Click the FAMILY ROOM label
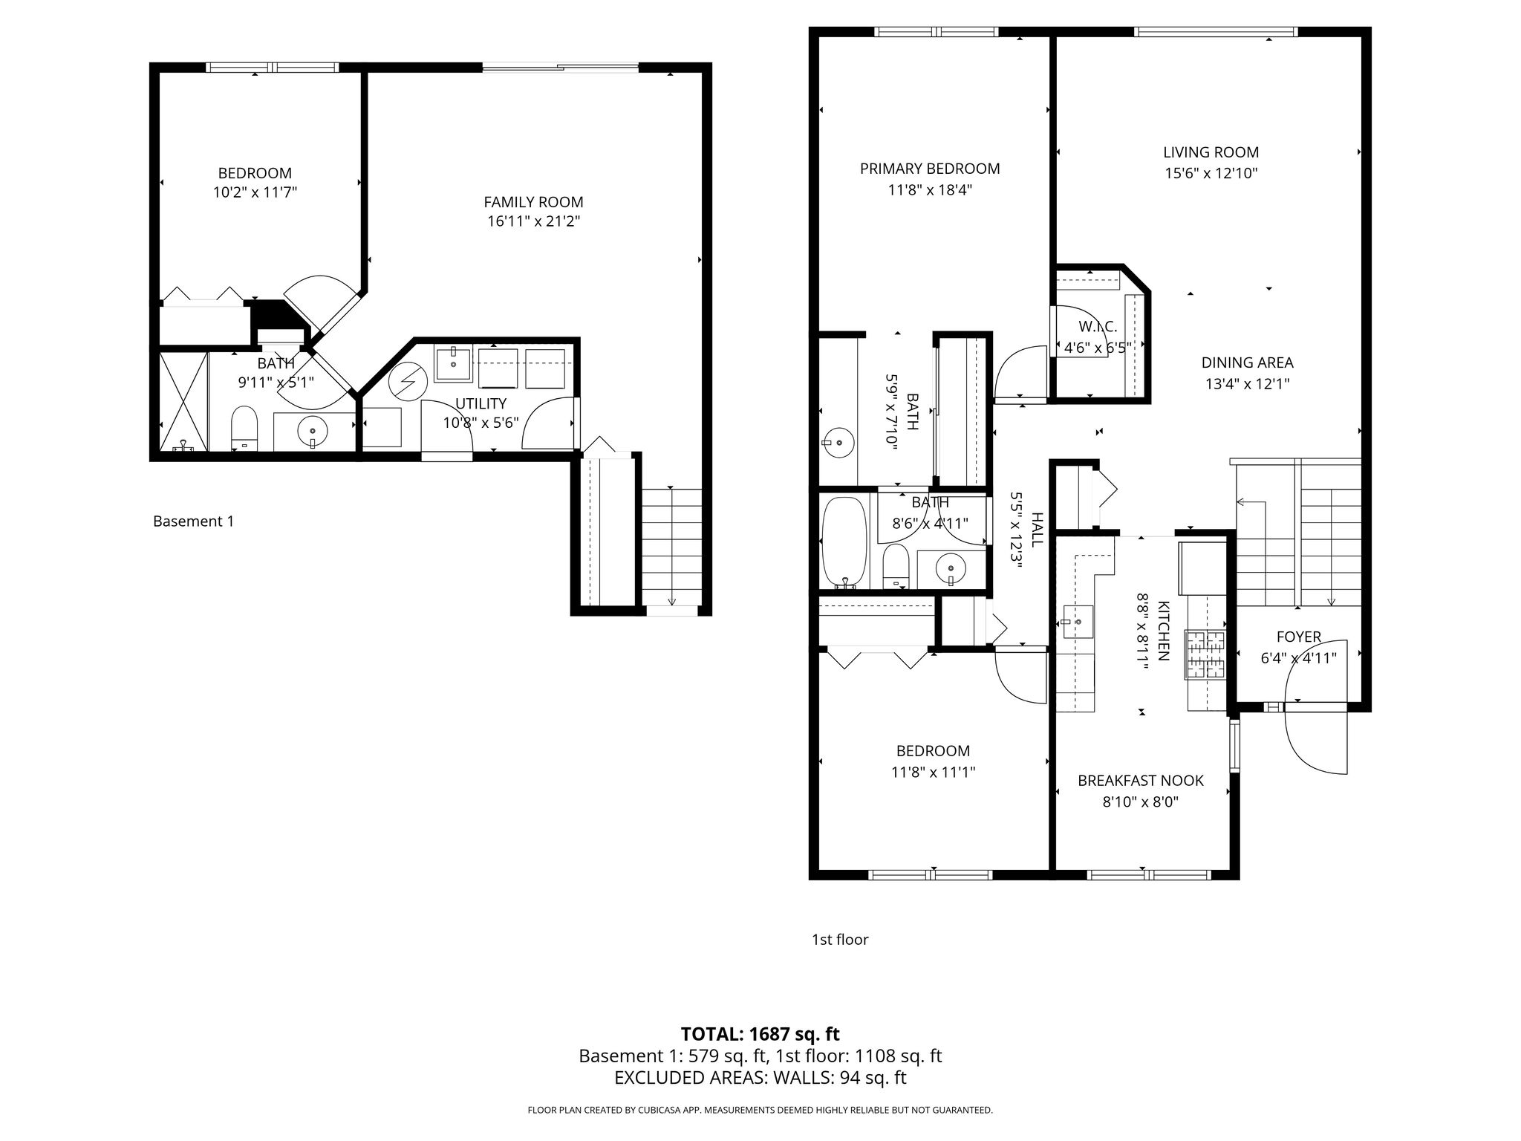click(x=533, y=202)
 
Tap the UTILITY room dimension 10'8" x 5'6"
click(x=481, y=423)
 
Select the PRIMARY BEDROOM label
click(x=930, y=169)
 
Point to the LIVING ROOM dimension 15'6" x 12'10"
click(x=1211, y=174)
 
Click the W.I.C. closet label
click(x=1098, y=327)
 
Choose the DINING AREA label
click(x=1248, y=363)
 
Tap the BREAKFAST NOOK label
click(x=1141, y=781)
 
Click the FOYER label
click(x=1299, y=637)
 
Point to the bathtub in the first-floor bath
click(x=844, y=542)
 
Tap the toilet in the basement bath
click(x=244, y=429)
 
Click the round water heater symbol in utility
click(x=407, y=380)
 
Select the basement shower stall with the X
click(x=183, y=401)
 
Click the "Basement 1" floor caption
click(x=193, y=521)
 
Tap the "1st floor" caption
click(x=840, y=940)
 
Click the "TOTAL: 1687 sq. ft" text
click(x=760, y=1034)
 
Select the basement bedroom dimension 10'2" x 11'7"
click(x=255, y=192)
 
